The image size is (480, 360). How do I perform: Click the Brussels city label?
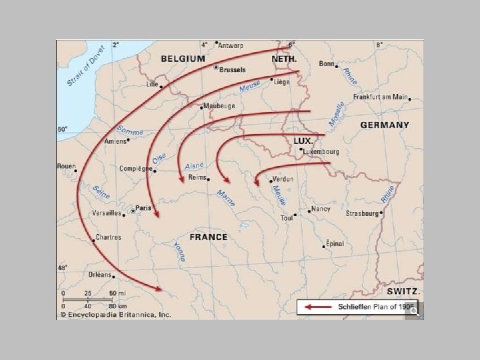coord(232,69)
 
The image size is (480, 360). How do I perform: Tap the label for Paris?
coord(143,208)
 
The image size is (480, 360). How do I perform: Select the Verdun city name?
coord(283,179)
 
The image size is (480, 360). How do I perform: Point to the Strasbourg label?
coord(362,214)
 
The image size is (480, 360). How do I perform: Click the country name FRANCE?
coord(208,237)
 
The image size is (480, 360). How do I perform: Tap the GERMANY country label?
coord(385,125)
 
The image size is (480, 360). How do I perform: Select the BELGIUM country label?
coord(182,59)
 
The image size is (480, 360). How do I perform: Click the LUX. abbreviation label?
coord(304,141)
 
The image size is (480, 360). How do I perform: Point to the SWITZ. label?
coord(403,291)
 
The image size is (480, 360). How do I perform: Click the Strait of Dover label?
coord(86,67)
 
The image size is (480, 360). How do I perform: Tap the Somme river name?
coord(130,130)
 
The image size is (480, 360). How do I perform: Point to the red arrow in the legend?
coord(319,307)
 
